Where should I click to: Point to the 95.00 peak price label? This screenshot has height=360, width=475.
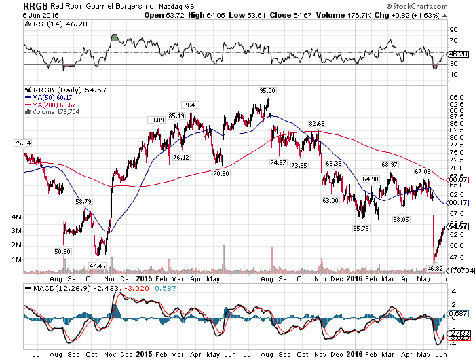(x=267, y=90)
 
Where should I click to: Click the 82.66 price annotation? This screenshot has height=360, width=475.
(x=317, y=123)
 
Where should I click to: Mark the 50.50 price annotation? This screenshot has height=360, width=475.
(x=62, y=251)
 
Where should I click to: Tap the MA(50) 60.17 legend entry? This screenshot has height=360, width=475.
(x=49, y=96)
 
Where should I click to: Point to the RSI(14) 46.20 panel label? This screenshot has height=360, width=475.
(x=52, y=24)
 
